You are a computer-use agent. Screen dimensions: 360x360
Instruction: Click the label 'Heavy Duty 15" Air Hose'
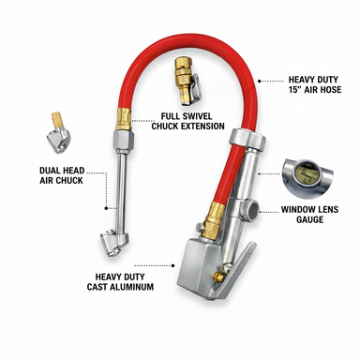314,84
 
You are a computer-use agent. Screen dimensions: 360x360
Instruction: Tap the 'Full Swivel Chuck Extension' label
187,121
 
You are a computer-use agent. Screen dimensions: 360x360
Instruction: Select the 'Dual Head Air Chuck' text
62,175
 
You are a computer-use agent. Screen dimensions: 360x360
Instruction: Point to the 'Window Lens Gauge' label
309,214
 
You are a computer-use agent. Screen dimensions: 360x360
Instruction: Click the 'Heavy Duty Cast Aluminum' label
120,281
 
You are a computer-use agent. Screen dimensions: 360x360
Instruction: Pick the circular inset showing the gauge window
307,178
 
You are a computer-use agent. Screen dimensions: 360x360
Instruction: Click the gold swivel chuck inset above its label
187,81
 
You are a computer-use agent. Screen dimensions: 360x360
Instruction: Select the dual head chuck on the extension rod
113,244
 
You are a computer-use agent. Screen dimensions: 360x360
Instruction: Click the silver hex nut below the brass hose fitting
123,138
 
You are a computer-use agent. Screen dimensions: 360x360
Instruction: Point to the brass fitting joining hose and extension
124,119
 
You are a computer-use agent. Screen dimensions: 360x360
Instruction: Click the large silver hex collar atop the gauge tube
247,140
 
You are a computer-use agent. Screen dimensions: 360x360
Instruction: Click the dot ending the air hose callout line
260,81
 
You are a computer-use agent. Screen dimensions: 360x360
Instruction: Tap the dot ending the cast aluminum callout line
172,265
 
